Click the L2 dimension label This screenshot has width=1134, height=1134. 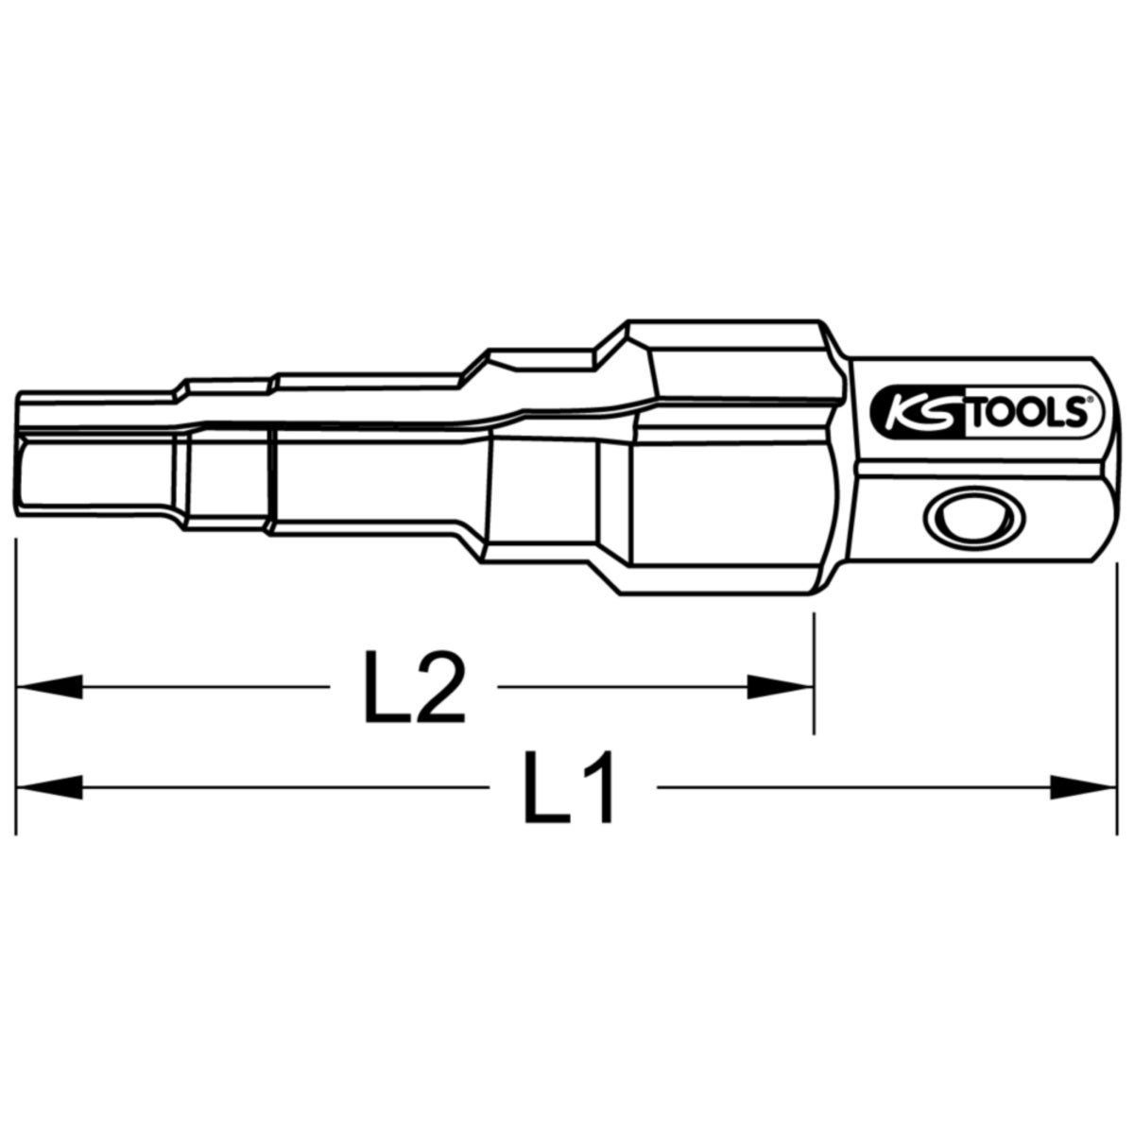415,686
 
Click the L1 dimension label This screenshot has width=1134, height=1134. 568,787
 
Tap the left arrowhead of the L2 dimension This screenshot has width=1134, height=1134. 49,687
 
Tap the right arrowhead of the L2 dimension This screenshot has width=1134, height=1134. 779,687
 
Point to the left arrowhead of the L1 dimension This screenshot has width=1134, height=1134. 49,787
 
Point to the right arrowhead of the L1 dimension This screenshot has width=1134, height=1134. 1083,787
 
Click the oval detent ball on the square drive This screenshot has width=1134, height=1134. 974,517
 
